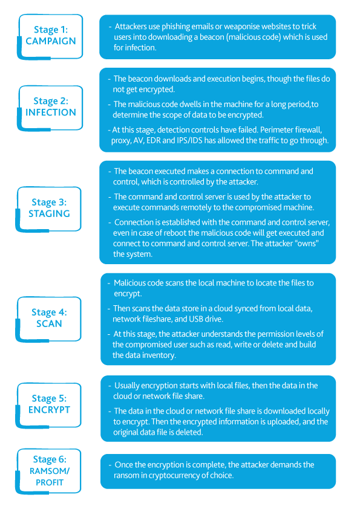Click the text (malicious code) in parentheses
[x=254, y=37]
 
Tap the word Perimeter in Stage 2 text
[x=277, y=130]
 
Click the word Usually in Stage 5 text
[x=128, y=386]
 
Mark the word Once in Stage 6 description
[x=123, y=465]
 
